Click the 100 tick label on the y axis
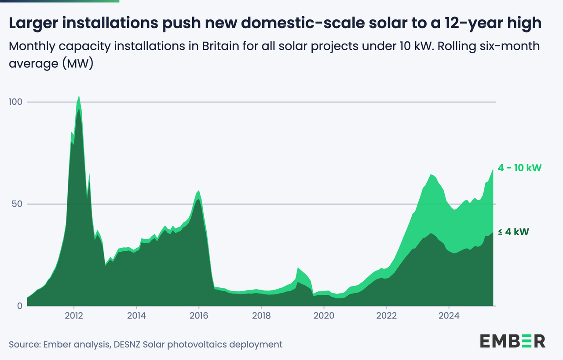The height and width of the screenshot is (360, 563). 15,102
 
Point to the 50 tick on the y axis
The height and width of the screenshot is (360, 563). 17,204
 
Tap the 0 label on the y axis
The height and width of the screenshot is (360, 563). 19,306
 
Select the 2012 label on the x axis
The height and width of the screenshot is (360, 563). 74,316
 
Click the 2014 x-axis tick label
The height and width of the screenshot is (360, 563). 136,316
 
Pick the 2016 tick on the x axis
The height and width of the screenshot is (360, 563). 199,316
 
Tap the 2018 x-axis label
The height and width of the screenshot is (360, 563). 261,316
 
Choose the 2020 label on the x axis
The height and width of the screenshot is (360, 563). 324,316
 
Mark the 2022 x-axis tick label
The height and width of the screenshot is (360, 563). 386,316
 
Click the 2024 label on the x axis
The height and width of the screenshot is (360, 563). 449,316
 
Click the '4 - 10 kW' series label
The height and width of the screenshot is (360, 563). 519,168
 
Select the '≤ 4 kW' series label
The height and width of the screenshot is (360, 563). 513,232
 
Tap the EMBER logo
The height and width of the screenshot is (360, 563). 512,341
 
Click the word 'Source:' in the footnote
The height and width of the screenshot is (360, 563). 24,344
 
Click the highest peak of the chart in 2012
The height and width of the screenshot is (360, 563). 79,96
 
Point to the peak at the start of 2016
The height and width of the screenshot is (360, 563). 199,191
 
